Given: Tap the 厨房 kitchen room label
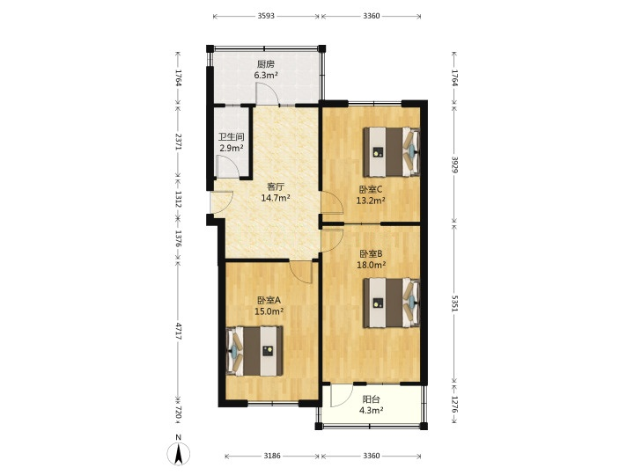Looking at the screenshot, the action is tap(266, 64).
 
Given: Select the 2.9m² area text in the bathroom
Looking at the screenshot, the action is tap(232, 148).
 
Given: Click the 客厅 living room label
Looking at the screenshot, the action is tap(276, 187).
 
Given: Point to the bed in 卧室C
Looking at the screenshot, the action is tap(391, 152).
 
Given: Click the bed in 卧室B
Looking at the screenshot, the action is tap(391, 303).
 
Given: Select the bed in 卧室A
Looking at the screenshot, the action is tap(254, 351).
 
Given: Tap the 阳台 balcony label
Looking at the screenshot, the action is tap(372, 400).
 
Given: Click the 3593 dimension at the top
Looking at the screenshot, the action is tap(266, 16).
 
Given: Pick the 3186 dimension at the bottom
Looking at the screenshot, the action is tap(272, 456).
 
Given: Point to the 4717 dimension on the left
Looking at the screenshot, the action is tap(178, 330).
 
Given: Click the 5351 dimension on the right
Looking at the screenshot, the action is tap(454, 303).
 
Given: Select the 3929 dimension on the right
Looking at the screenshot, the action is tap(454, 164).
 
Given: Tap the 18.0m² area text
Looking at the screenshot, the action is tap(371, 265).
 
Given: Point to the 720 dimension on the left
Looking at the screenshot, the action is tap(178, 413).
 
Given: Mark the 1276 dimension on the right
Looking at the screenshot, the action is tap(454, 405).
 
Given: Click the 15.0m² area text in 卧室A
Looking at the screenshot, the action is tap(269, 311).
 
